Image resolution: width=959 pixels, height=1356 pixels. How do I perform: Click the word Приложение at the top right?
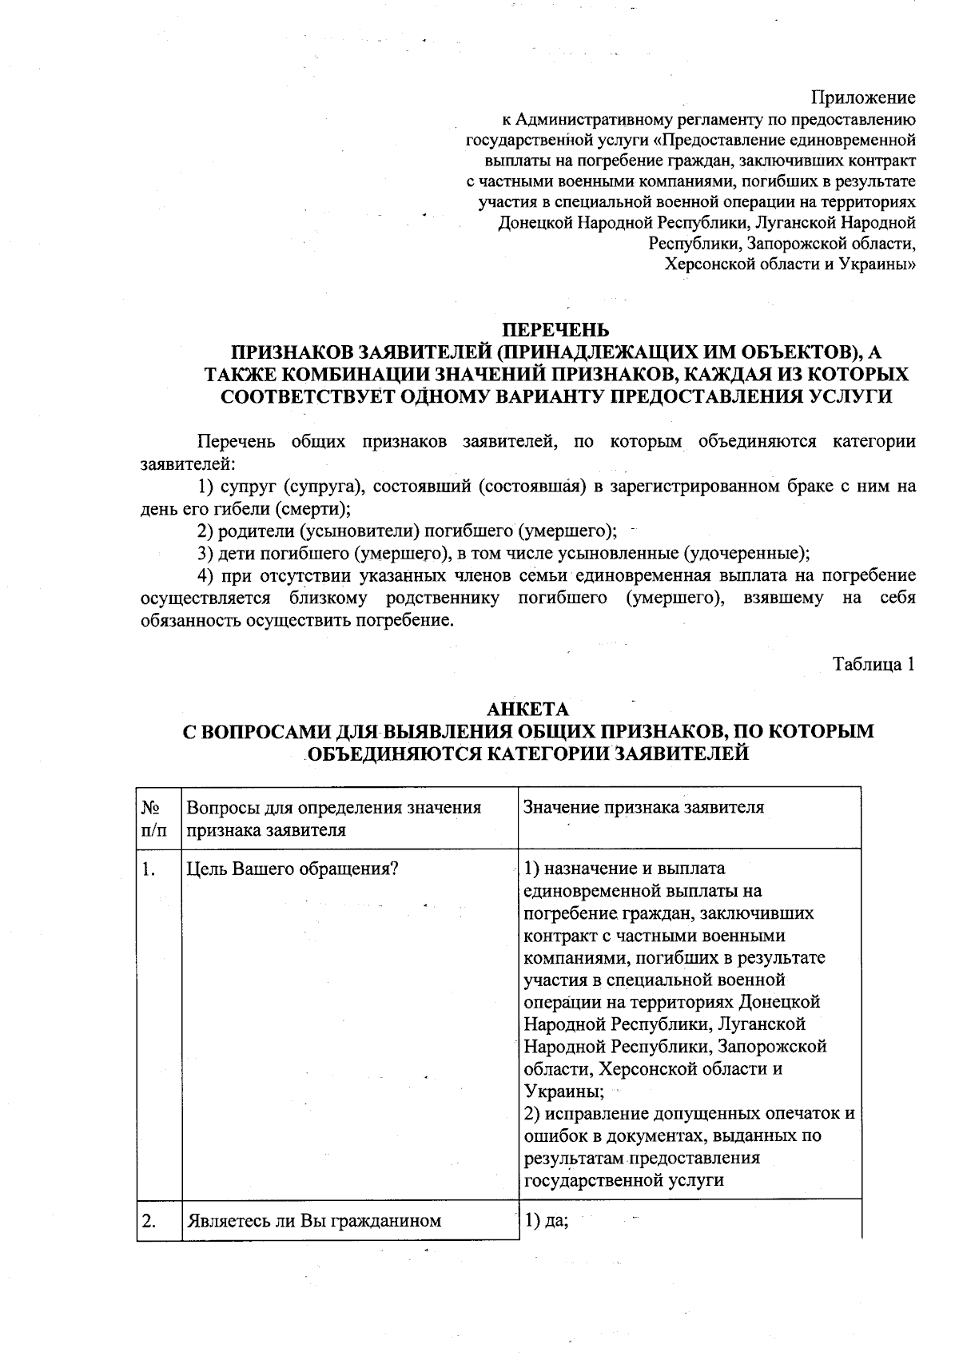tap(863, 98)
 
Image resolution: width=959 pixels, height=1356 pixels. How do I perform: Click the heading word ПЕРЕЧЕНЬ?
tap(555, 330)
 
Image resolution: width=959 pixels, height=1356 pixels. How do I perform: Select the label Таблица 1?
tap(874, 664)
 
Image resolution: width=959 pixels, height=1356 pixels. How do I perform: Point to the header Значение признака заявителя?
tap(643, 807)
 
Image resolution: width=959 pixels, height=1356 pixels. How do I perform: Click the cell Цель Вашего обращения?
tap(292, 869)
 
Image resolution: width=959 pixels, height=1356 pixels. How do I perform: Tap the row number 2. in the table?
tap(149, 1221)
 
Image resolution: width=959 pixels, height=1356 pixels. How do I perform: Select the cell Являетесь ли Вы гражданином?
tap(314, 1221)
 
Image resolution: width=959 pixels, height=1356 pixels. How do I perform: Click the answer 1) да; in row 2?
tap(546, 1221)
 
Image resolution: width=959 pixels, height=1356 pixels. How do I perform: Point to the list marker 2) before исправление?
tap(535, 1113)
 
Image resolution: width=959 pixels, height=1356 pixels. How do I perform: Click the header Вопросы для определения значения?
tap(334, 807)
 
